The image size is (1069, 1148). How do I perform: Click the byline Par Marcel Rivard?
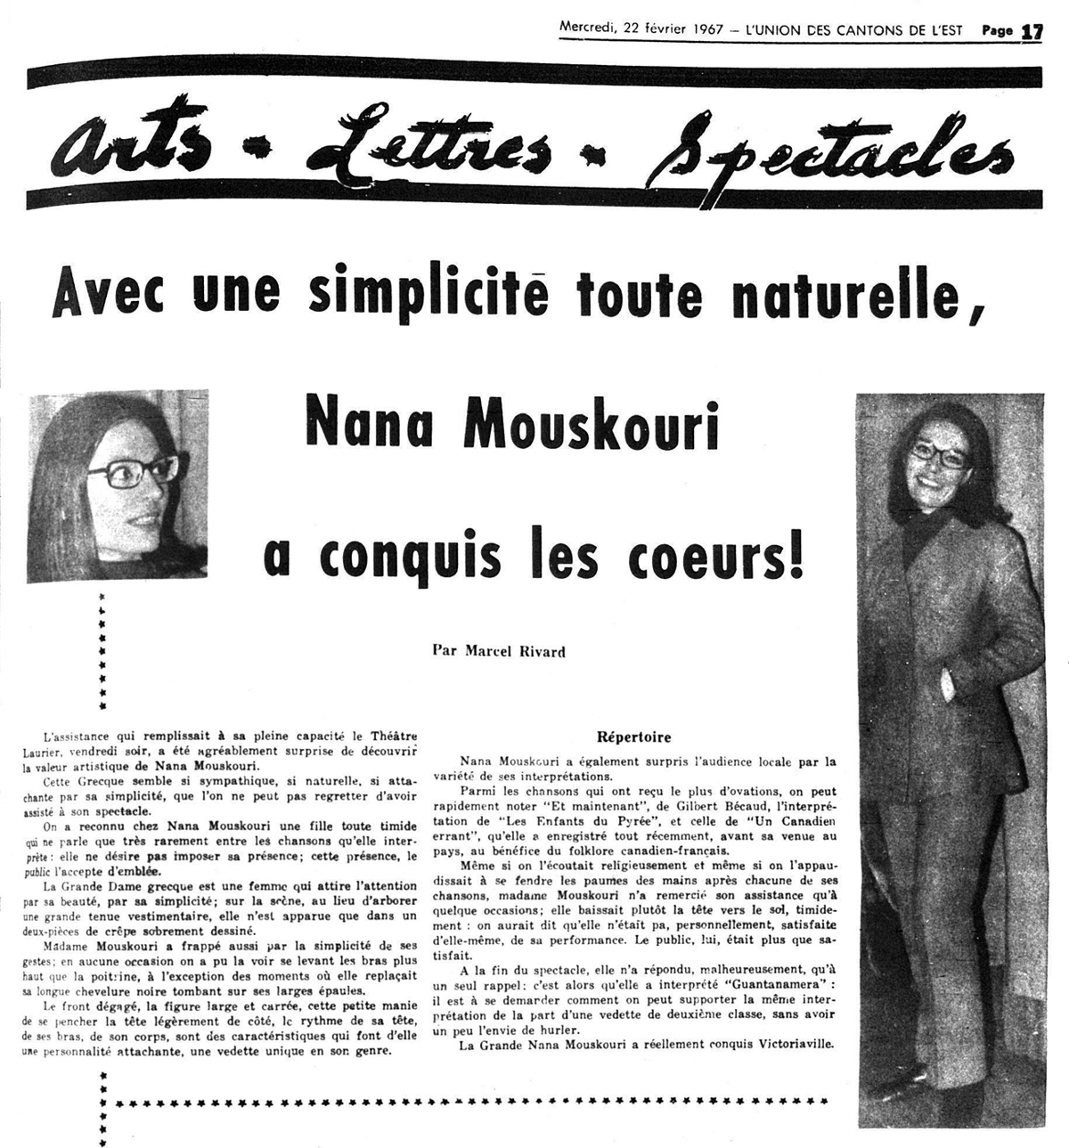pos(499,650)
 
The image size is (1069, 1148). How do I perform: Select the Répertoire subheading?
pos(633,737)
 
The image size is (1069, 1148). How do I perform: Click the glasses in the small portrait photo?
pos(143,468)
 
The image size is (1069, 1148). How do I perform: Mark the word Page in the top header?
pos(997,30)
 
